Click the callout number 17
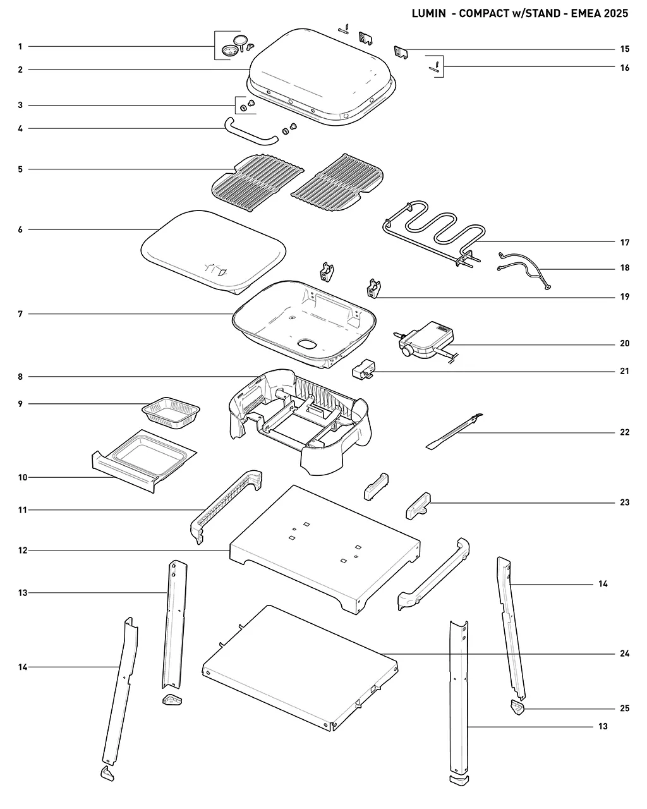[624, 243]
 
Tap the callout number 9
[20, 404]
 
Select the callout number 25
[624, 709]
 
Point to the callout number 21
[624, 371]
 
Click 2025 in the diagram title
[616, 13]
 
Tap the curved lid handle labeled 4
[251, 131]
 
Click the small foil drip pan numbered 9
[171, 413]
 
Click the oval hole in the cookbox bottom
[308, 344]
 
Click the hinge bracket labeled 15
[401, 52]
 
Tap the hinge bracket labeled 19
[373, 289]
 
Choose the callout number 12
[23, 550]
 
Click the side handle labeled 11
[226, 506]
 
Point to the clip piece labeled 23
[418, 506]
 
